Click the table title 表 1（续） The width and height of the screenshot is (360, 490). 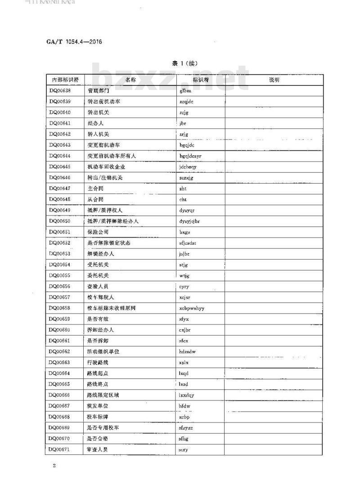point(184,63)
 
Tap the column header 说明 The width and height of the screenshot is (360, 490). point(274,80)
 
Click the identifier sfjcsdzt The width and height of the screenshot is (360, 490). point(188,243)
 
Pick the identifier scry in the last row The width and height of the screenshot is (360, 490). point(183,449)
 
